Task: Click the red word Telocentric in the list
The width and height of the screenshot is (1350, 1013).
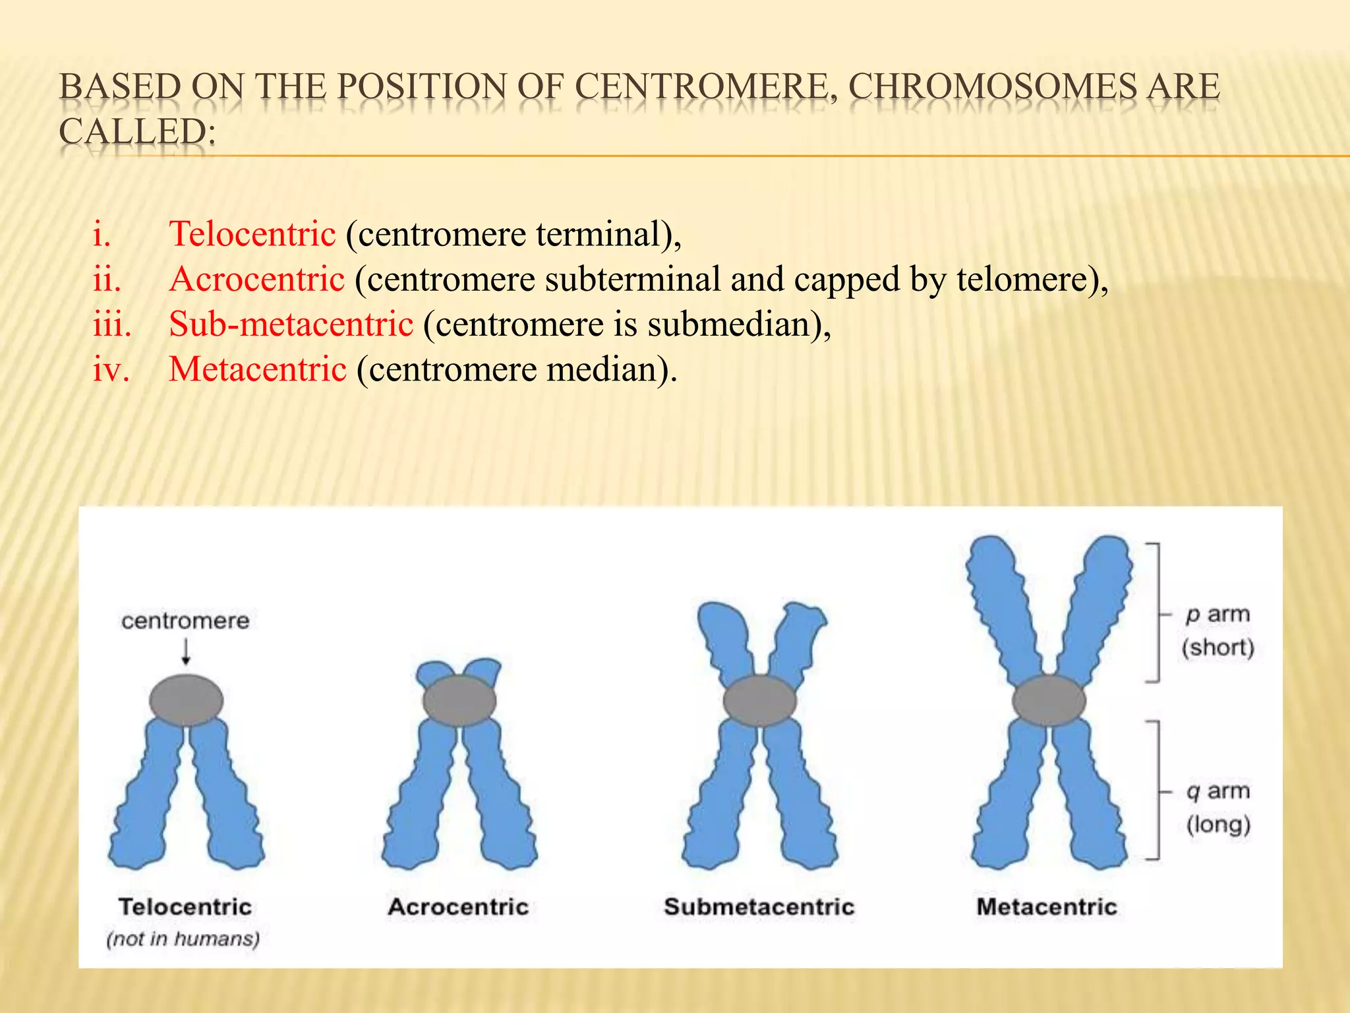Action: [x=252, y=234]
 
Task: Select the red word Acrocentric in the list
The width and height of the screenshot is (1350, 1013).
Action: [x=257, y=279]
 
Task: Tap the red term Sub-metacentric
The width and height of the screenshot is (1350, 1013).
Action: [x=291, y=324]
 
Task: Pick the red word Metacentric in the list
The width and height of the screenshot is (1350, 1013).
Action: [x=258, y=369]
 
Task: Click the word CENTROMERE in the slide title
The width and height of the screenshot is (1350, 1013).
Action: [x=701, y=87]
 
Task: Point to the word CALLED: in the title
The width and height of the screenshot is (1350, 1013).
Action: [x=137, y=131]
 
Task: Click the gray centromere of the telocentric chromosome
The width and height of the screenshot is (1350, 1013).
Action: [x=186, y=700]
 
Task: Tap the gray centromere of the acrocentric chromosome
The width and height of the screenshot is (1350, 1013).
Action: [x=459, y=700]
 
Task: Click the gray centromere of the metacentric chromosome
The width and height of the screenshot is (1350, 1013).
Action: [x=1048, y=700]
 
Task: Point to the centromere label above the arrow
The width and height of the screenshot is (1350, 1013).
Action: [x=185, y=621]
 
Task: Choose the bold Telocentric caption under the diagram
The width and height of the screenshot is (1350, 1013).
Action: [x=185, y=906]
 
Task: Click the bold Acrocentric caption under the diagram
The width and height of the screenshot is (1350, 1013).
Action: [x=458, y=906]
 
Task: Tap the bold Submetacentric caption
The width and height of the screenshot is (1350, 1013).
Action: [x=759, y=906]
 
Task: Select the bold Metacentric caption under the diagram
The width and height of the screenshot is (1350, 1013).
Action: [x=1047, y=906]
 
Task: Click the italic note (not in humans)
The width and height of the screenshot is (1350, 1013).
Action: [x=183, y=938]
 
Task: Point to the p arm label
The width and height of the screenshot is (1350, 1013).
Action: [x=1218, y=614]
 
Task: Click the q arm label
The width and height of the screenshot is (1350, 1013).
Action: [x=1218, y=790]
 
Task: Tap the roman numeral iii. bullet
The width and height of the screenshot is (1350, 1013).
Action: [x=111, y=324]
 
